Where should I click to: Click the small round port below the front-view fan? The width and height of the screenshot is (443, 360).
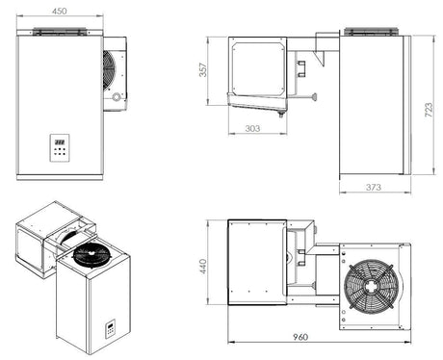pyautogui.click(x=117, y=97)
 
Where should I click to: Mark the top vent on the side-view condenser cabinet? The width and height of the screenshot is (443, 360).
pyautogui.click(x=371, y=32)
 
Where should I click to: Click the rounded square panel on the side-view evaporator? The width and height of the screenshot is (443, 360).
pyautogui.click(x=256, y=67)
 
